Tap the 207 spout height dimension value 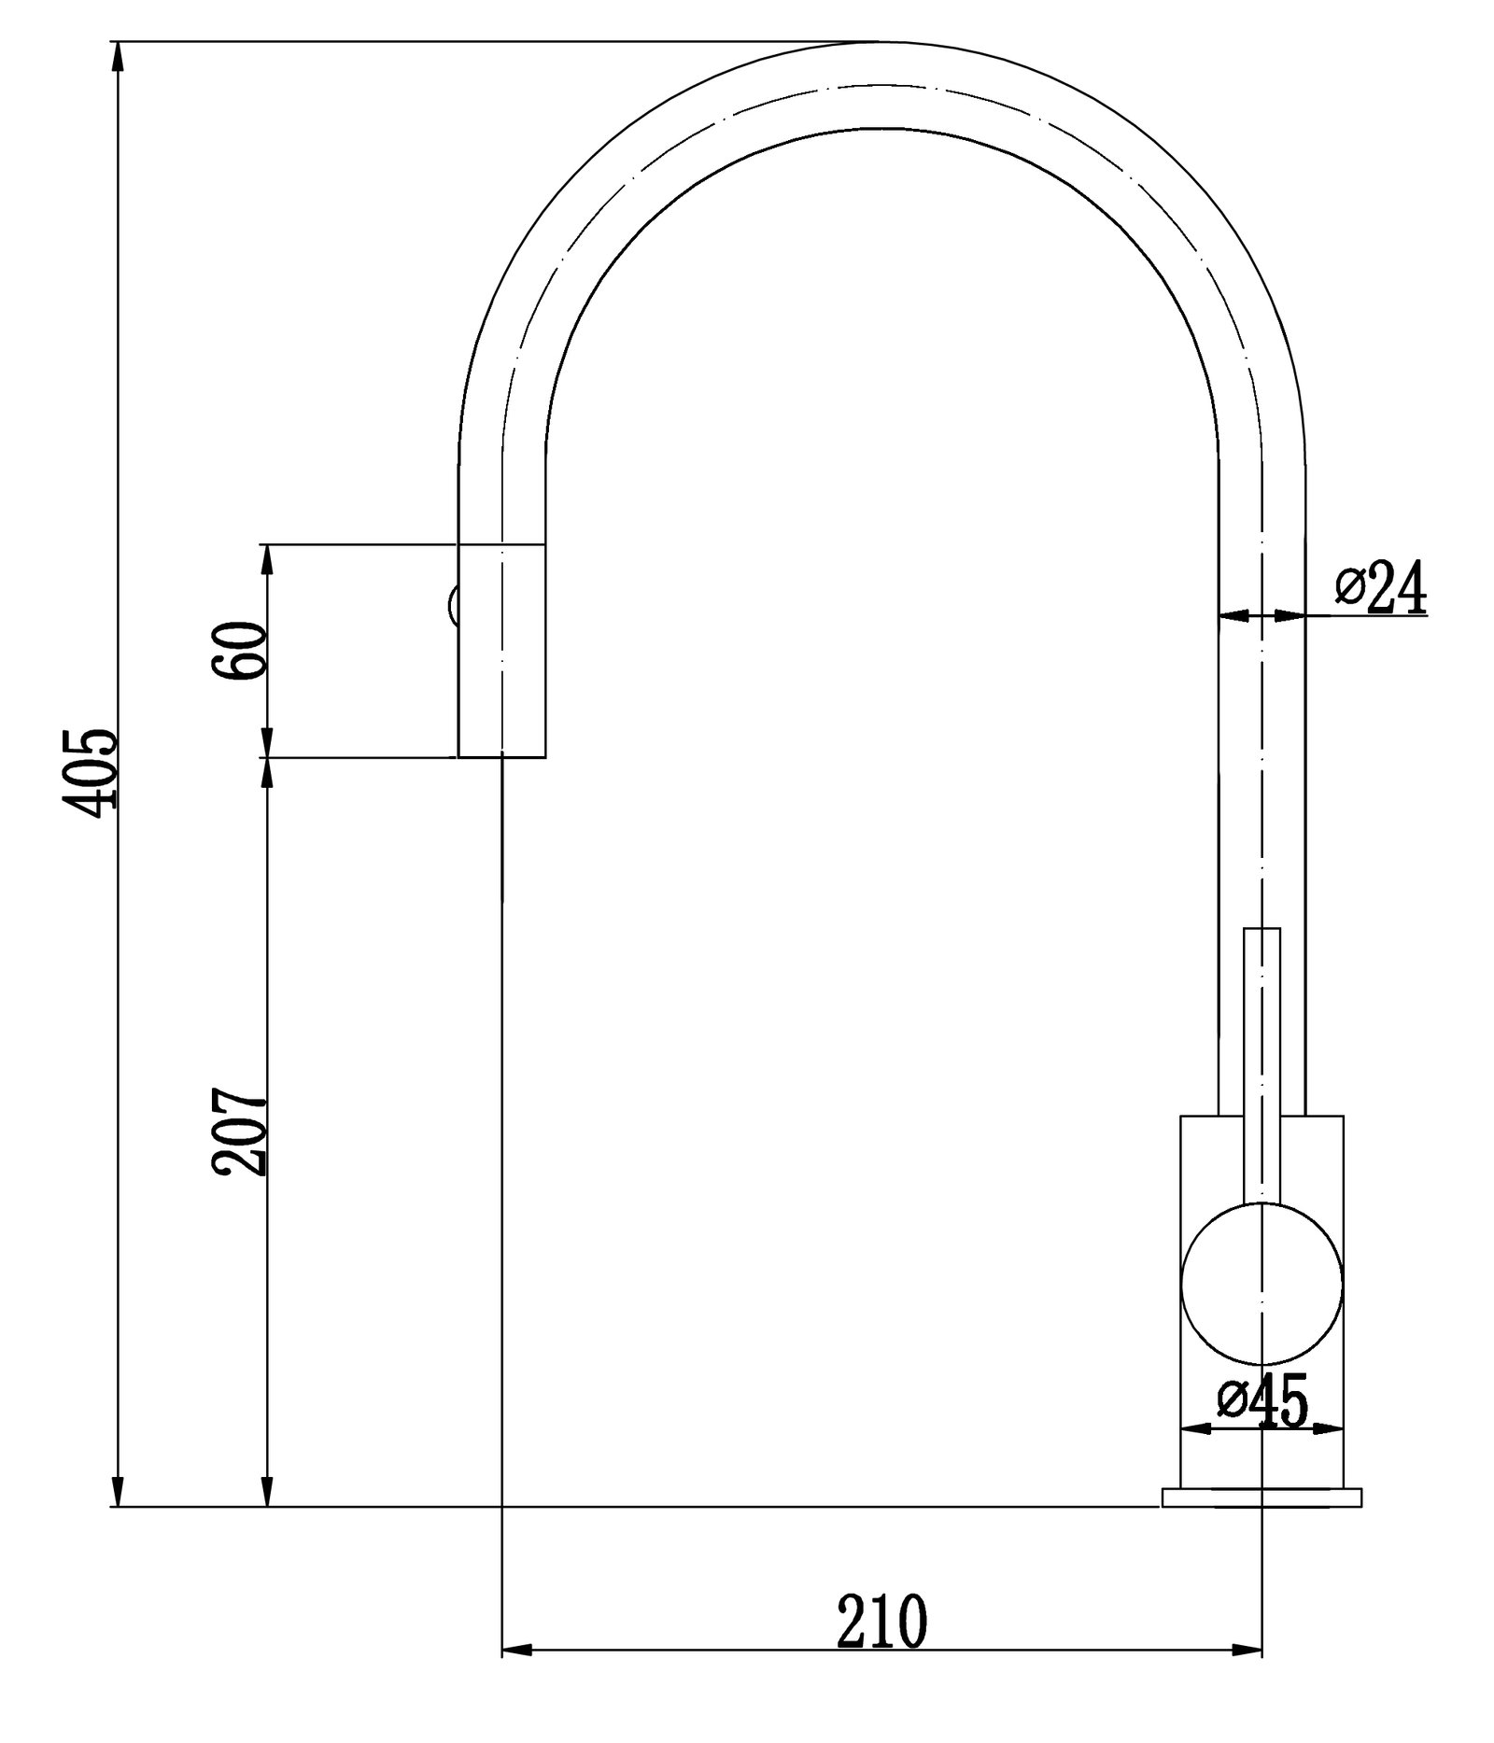pyautogui.click(x=240, y=1131)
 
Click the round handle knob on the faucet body pyautogui.click(x=1261, y=1282)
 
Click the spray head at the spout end pyautogui.click(x=501, y=650)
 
